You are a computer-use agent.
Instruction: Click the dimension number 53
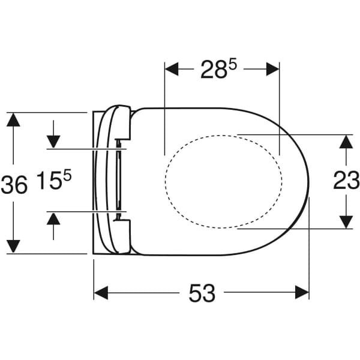[202, 293]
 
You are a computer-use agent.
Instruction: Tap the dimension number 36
[14, 184]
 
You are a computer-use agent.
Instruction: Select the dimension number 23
[346, 180]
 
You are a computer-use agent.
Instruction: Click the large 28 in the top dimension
[213, 70]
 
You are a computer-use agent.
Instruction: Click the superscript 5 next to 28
[232, 65]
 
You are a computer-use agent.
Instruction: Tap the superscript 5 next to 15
[67, 176]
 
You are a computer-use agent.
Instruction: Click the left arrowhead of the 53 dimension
[101, 293]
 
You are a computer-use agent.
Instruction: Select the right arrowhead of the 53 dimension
[302, 292]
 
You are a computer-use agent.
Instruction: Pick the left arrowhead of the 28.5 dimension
[172, 69]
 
